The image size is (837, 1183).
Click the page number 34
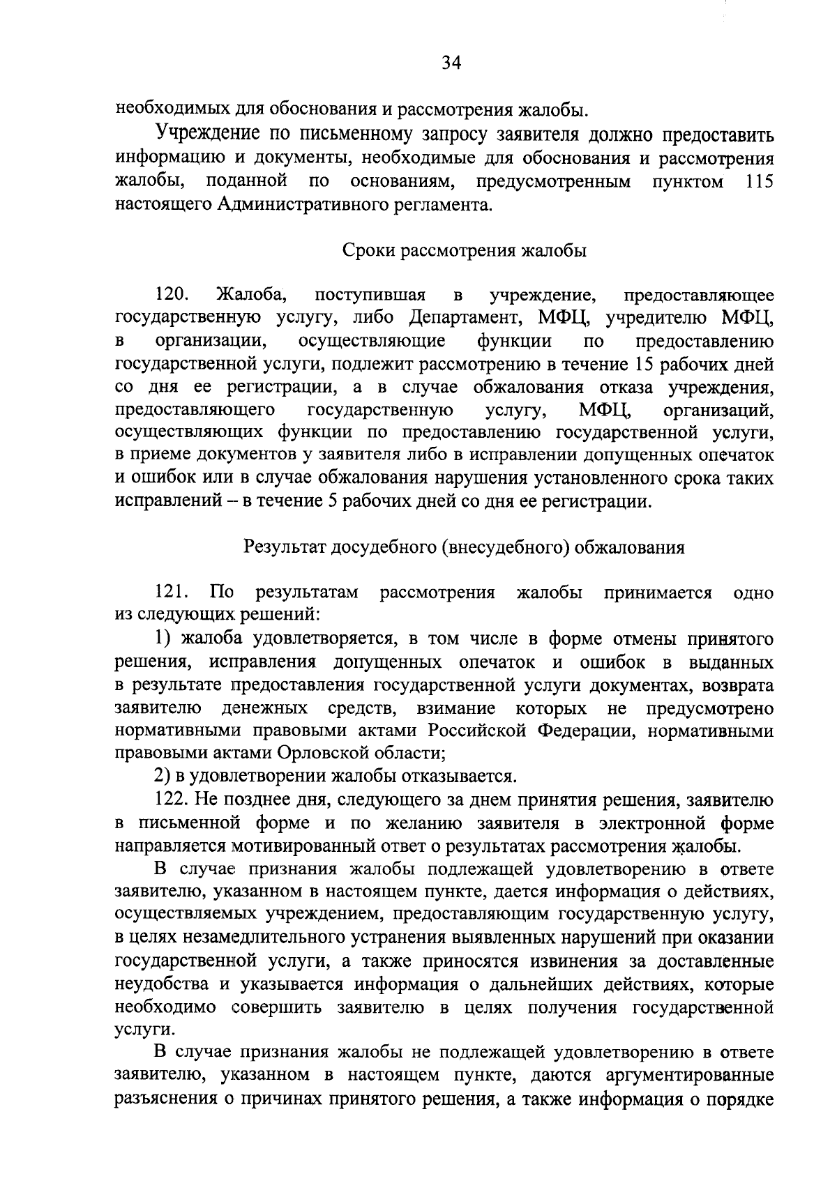point(451,64)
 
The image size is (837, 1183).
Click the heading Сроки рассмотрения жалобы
point(464,251)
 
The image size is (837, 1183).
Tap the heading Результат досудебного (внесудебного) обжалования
point(464,547)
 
